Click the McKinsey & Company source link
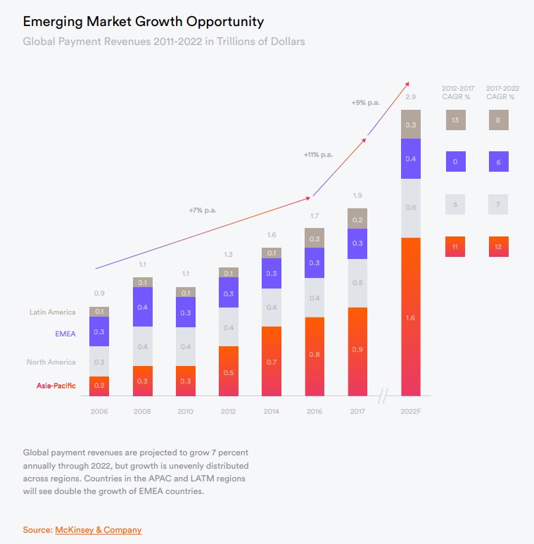pos(98,529)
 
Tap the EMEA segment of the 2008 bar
pos(143,307)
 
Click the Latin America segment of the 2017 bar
pos(357,219)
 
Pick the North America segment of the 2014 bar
pos(272,308)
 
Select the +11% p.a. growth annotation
pos(318,154)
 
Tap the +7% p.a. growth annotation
pos(203,210)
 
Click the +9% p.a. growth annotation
pos(365,103)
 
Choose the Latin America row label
pos(52,312)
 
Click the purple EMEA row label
pos(65,334)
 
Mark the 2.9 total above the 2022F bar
pos(411,96)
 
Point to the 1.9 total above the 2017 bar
pos(357,195)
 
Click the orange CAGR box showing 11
pos(455,246)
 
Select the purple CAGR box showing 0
pos(455,162)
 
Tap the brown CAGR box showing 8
pos(498,120)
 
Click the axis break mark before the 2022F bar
pos(383,397)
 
